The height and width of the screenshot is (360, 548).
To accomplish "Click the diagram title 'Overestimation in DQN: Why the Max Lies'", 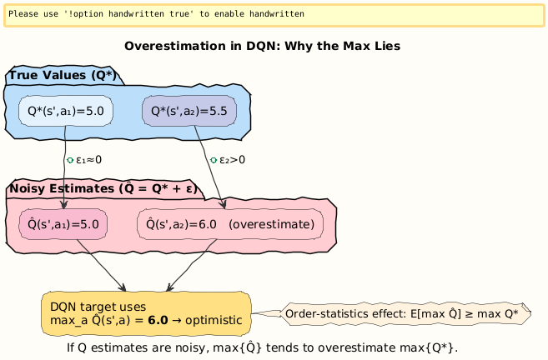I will pyautogui.click(x=262, y=46).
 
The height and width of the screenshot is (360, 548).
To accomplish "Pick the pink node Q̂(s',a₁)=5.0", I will pyautogui.click(x=63, y=223).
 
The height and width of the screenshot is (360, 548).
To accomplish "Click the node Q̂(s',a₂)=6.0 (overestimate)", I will pyautogui.click(x=229, y=223).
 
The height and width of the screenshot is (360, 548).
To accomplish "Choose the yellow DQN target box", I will pyautogui.click(x=145, y=312).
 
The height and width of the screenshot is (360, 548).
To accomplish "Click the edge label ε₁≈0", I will pyautogui.click(x=88, y=159).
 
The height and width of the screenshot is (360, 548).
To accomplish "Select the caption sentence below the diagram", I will pyautogui.click(x=262, y=347).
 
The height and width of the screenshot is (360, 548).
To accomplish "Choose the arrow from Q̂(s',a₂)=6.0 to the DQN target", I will pyautogui.click(x=192, y=265).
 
